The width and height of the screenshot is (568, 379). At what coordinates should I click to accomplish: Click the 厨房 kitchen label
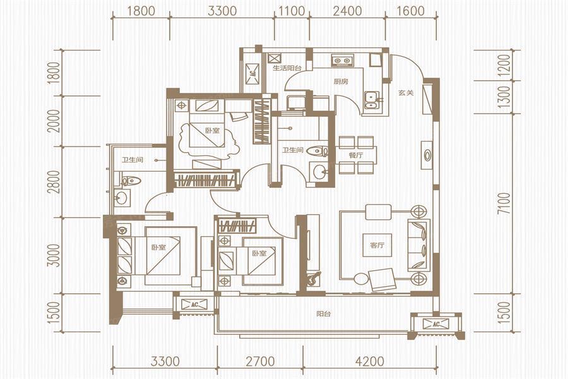coord(341,81)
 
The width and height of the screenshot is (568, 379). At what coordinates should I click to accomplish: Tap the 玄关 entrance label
coord(406,93)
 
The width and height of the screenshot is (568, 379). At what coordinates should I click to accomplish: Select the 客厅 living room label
coord(377,246)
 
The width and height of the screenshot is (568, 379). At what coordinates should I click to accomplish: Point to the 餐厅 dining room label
coord(356,155)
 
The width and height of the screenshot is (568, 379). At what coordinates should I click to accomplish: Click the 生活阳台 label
coord(287,68)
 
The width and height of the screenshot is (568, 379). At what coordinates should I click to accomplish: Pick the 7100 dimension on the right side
coord(505,203)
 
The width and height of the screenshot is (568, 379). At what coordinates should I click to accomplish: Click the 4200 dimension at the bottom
coord(369,361)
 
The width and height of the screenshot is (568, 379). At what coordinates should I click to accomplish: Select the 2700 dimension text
coord(260,361)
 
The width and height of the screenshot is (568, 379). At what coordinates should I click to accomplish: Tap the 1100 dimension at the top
coord(292,11)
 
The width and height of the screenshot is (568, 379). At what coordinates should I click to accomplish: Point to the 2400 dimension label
coord(347,11)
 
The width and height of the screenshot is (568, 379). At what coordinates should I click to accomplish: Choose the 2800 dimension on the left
coord(54,182)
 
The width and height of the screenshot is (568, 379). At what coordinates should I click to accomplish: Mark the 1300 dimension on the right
coord(505,97)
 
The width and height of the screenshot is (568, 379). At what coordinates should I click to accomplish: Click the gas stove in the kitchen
coord(342,60)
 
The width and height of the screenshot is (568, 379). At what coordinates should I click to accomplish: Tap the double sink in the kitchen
coord(371,100)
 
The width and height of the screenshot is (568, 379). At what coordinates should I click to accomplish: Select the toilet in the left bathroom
coord(128,180)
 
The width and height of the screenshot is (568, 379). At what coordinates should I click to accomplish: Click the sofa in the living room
coord(419,245)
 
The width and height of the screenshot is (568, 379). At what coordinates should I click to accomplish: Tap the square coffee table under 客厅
coord(377,245)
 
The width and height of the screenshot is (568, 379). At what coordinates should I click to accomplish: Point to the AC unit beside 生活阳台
coord(252,74)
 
